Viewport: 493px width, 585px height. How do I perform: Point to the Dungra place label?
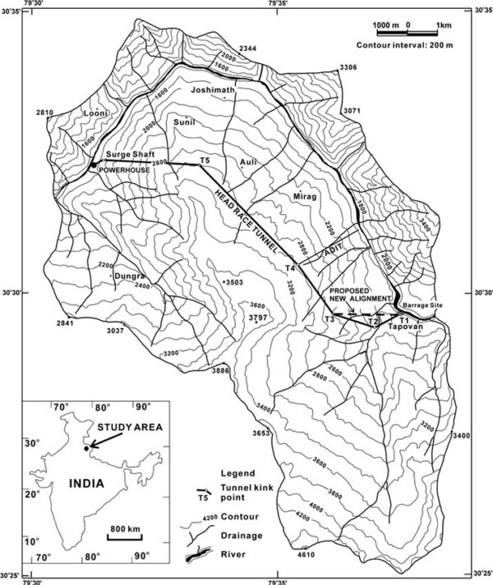coord(130,277)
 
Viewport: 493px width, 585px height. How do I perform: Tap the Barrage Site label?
coord(425,304)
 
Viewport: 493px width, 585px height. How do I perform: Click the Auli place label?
coord(248,163)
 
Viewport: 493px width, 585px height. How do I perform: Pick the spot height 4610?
coord(306,557)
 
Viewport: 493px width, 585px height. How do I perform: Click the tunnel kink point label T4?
coord(289,268)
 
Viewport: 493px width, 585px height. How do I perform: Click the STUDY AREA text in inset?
coord(125,427)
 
